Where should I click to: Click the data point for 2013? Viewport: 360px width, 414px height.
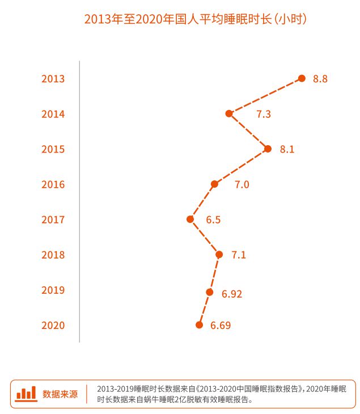pos(302,78)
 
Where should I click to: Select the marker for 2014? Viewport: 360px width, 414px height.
pos(229,113)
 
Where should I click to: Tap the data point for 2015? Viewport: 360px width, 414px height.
pos(268,149)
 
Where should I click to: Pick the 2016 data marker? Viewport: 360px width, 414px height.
pos(214,184)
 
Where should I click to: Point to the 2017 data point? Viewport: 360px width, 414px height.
pos(190,219)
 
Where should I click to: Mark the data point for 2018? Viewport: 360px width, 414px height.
pos(219,254)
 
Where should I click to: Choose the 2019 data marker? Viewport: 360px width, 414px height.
pos(210,292)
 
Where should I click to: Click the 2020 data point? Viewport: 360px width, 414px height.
pos(199,325)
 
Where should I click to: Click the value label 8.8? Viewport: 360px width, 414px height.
pos(320,79)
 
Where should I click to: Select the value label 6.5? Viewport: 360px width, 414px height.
pos(213,219)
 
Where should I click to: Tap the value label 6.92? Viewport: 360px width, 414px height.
pos(232,293)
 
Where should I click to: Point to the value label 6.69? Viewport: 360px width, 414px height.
pos(221,326)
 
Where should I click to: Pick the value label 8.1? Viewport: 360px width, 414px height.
pos(287,149)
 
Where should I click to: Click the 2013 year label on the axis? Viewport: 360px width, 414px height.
pos(53,79)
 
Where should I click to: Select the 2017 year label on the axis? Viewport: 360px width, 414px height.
pos(53,219)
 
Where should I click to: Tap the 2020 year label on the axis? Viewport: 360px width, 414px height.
pos(53,326)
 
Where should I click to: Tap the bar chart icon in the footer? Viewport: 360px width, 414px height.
pos(26,393)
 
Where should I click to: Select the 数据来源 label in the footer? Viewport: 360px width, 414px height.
pos(60,394)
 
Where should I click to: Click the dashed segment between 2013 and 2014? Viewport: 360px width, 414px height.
pos(265,96)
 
